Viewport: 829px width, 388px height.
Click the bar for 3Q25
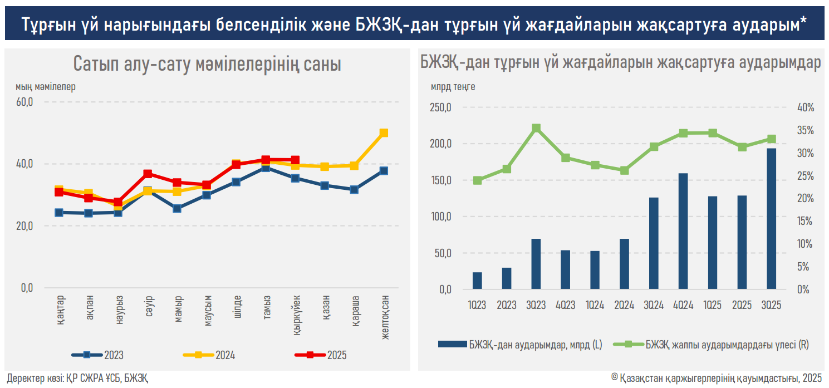771,219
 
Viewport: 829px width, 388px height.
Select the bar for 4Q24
683,231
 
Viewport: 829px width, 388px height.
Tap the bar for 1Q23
477,281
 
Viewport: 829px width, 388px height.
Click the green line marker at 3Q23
536,128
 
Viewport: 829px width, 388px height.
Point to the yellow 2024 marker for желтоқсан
384,133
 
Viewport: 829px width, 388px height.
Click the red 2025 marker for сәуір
148,174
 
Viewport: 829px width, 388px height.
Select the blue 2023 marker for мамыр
177,209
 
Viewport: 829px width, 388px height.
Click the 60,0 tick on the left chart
25,102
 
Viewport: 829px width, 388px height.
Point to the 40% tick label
806,107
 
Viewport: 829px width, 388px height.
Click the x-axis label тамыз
267,308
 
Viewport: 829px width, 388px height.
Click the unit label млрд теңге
453,87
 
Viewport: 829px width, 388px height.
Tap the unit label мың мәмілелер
46,87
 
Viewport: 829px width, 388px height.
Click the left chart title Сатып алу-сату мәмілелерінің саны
207,64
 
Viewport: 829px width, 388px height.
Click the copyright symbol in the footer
615,377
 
